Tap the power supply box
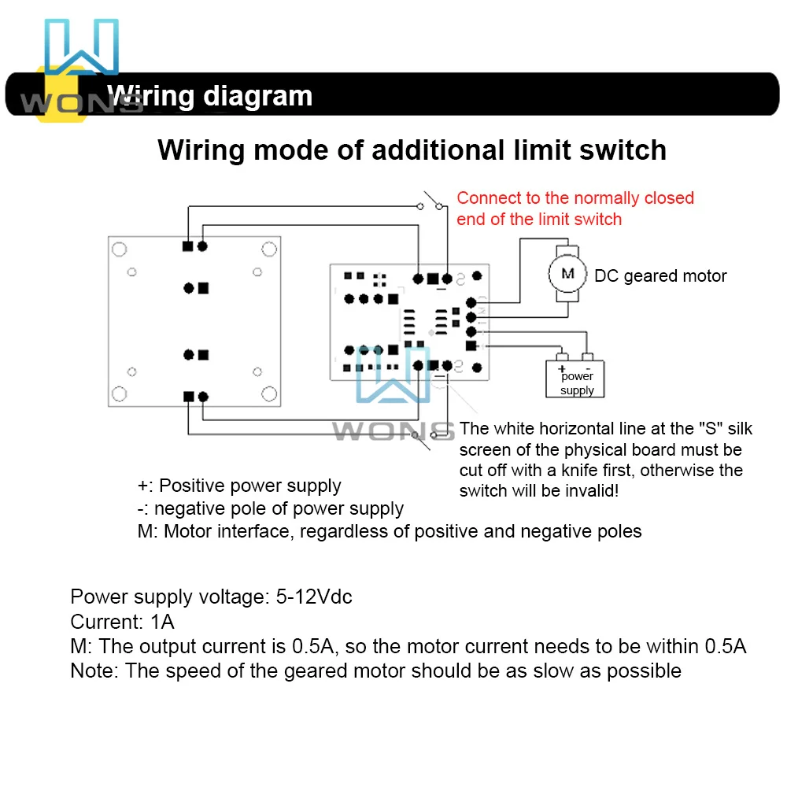[x=577, y=379]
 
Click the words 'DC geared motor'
[x=660, y=275]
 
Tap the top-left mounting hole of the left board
[x=119, y=249]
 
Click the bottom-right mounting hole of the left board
[x=269, y=393]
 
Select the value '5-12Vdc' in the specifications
[x=314, y=597]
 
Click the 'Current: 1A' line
[x=122, y=622]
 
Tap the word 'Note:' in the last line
[x=94, y=671]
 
